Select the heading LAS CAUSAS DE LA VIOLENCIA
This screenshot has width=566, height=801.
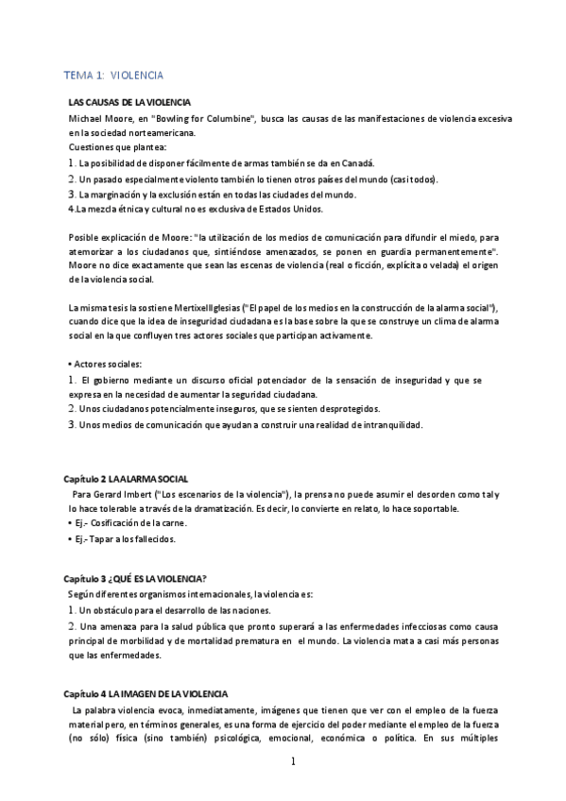(130, 102)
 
